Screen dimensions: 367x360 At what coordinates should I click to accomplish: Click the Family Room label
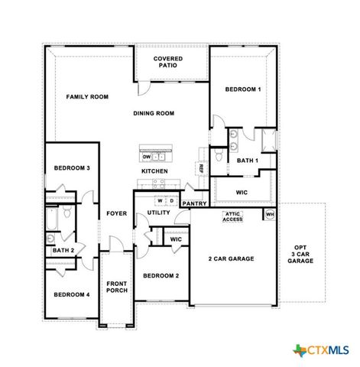(87, 97)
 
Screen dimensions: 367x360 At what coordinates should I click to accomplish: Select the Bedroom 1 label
(243, 89)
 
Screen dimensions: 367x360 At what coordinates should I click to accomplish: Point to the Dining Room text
(154, 113)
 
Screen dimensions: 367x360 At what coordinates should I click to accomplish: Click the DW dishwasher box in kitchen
(147, 157)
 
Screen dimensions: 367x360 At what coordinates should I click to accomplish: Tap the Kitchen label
(154, 171)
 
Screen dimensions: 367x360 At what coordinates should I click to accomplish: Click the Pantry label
(194, 204)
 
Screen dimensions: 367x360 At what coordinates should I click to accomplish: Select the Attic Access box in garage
(232, 217)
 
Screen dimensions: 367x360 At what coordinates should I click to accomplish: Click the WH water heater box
(269, 215)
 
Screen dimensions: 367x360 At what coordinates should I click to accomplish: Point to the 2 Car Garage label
(232, 258)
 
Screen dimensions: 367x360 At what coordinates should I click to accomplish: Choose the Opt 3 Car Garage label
(300, 254)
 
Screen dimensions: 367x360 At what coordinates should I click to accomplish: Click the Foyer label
(116, 213)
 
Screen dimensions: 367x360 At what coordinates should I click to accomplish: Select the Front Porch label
(116, 287)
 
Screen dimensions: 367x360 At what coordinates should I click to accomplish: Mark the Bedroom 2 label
(161, 275)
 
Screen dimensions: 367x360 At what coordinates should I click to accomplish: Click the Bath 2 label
(63, 250)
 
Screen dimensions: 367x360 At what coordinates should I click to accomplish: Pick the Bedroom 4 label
(72, 294)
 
